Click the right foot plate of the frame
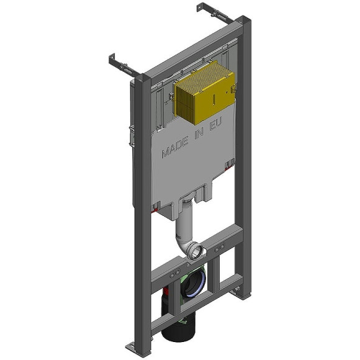tap(236, 290)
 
